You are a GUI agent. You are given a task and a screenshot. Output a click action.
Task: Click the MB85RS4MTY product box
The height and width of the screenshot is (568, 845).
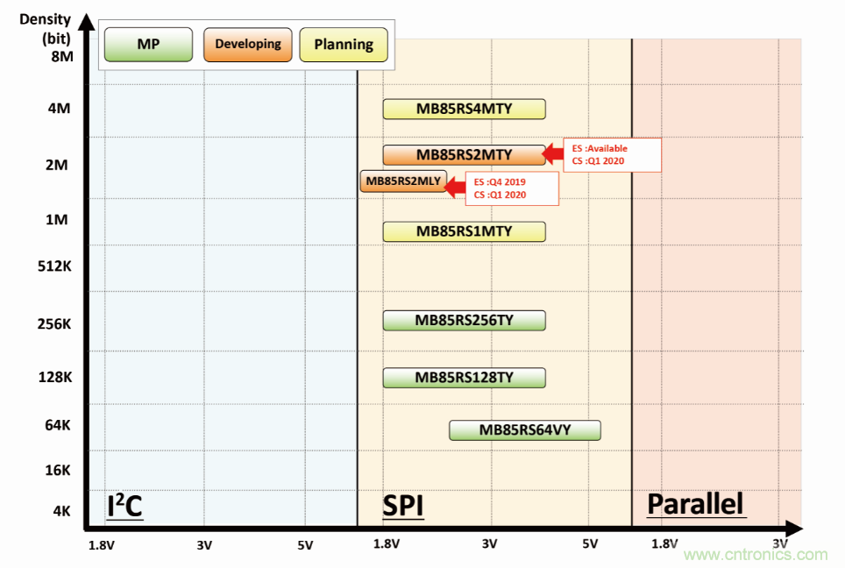[x=464, y=109]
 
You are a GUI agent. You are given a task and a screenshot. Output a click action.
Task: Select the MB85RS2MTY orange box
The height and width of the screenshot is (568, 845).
[x=464, y=155]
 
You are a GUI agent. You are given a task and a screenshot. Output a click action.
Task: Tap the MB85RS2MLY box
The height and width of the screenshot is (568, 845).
[x=403, y=182]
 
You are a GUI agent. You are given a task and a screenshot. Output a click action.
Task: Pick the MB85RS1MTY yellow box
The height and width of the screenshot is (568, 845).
[x=464, y=231]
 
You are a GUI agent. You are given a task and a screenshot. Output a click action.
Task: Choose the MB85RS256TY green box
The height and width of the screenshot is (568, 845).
[x=464, y=320]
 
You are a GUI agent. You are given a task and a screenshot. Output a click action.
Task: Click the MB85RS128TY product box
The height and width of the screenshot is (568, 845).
[x=464, y=377]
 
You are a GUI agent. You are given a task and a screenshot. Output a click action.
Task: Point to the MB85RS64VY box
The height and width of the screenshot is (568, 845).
[x=524, y=430]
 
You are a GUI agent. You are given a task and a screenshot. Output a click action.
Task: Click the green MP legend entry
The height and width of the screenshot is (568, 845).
[x=148, y=44]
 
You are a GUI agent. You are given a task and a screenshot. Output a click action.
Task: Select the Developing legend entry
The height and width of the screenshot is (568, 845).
[x=248, y=44]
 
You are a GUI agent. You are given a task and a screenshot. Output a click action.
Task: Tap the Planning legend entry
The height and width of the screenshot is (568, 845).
[x=344, y=44]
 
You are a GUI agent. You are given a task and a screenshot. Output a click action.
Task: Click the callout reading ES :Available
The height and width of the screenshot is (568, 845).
[x=612, y=155]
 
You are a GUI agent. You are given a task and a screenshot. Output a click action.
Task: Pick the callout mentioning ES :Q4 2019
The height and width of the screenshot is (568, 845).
[x=510, y=188]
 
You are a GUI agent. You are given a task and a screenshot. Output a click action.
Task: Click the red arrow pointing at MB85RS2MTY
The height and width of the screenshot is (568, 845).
[x=553, y=154]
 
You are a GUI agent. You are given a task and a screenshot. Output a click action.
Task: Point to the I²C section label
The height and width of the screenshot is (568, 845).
[x=124, y=506]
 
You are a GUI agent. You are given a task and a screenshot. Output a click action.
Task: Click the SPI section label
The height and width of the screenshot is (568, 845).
[x=402, y=506]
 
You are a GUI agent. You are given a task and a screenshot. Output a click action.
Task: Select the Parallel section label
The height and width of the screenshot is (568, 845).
[x=695, y=504]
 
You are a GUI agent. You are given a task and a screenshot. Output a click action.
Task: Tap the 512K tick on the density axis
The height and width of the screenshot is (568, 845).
[x=55, y=266]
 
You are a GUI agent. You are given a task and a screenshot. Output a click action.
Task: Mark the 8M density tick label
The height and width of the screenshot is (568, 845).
[x=60, y=57]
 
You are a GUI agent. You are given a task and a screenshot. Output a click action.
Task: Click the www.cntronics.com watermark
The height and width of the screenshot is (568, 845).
[x=755, y=554]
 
